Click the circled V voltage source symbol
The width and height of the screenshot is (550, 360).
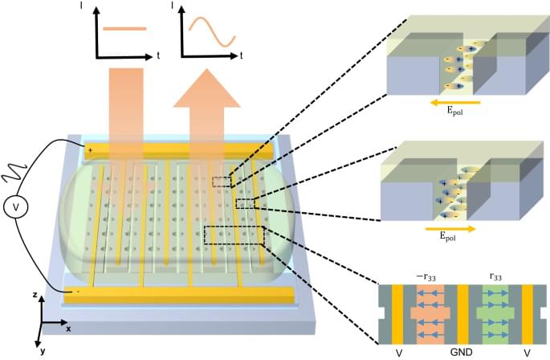[14, 207]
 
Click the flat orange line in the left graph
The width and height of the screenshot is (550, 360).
[124, 28]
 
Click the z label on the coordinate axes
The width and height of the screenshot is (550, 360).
[35, 296]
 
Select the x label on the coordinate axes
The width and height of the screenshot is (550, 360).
[68, 329]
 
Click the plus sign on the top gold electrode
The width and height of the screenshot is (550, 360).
[90, 149]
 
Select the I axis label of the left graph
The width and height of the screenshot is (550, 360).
[95, 7]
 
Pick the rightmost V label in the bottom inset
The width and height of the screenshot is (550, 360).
[528, 351]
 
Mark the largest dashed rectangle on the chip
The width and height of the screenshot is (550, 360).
[234, 235]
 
